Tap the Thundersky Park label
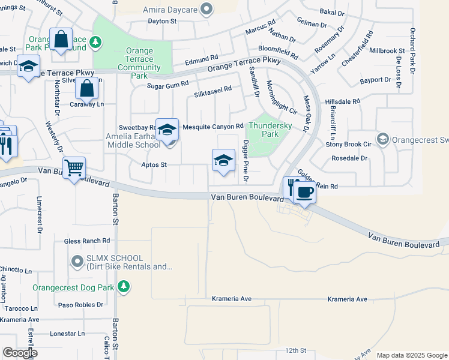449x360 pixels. (x=270, y=130)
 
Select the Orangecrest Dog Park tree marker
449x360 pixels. (x=124, y=287)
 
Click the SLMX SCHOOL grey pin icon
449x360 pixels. (x=77, y=261)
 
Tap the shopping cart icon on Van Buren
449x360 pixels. (x=74, y=167)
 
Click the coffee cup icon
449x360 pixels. (x=305, y=192)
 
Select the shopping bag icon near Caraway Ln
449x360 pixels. (x=87, y=88)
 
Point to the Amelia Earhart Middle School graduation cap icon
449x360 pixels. (x=167, y=128)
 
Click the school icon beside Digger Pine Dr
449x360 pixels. (x=223, y=160)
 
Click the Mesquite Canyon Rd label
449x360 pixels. (x=212, y=127)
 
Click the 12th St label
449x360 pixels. (x=296, y=350)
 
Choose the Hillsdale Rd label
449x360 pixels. (x=342, y=102)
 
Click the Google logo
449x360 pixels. (x=20, y=353)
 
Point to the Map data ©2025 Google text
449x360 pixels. (x=411, y=355)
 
